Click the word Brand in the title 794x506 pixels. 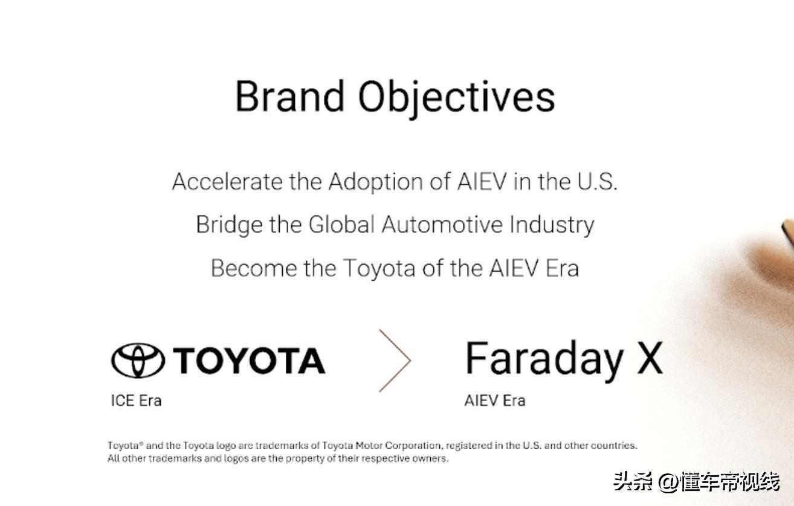point(290,97)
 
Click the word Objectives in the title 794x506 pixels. point(456,99)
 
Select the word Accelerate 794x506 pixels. point(227,182)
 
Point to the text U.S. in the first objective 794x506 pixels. point(597,182)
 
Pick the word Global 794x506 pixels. point(341,225)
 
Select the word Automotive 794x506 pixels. point(442,225)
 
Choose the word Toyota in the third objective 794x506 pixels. point(379,269)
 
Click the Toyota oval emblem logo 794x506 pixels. point(138,360)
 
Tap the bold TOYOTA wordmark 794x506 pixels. point(249,360)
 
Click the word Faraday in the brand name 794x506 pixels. point(544,360)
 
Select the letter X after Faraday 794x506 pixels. point(650,358)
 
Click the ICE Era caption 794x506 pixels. point(136,401)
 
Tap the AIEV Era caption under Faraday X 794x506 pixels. point(494,401)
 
